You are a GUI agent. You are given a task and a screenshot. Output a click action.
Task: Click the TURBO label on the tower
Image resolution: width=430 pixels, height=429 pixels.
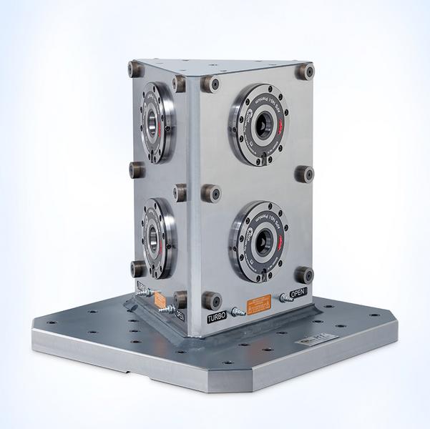(217, 316)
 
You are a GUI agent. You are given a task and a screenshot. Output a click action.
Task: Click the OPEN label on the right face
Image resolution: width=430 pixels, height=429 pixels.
(298, 292)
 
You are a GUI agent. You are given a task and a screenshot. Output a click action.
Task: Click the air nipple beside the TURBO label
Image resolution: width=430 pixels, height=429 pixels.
(238, 311)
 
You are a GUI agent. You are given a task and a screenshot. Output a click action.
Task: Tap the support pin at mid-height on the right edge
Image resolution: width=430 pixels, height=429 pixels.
(306, 174)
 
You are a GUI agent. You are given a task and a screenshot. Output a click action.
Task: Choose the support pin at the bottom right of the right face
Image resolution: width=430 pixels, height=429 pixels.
(305, 274)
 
